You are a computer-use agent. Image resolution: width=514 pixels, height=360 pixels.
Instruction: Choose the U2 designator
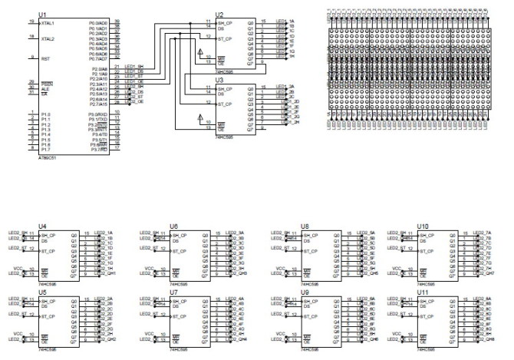[220, 15]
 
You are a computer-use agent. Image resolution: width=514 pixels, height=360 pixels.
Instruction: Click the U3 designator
[220, 79]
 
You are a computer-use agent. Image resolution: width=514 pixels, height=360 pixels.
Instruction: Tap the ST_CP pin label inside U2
[225, 38]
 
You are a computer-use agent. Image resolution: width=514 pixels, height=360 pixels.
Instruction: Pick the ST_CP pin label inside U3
[225, 104]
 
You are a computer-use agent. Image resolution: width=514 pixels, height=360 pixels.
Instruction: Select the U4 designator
[21, 226]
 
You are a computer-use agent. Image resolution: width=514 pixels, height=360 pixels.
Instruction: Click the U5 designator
[21, 292]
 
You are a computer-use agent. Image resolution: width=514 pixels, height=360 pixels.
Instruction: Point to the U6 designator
[174, 226]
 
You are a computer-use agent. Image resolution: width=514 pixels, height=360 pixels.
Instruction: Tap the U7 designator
[174, 292]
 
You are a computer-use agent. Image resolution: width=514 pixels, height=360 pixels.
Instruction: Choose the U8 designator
[305, 226]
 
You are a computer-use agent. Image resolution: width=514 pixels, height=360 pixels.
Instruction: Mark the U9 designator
[305, 292]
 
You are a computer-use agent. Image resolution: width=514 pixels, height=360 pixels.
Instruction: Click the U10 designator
[423, 226]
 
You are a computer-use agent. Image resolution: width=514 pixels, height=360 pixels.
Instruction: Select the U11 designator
[423, 292]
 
